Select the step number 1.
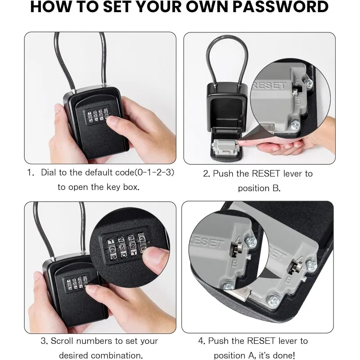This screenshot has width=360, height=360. point(30,172)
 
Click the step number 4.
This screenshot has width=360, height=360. point(201,341)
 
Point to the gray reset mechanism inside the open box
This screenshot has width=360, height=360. point(225,148)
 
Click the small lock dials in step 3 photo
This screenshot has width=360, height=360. point(75,282)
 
